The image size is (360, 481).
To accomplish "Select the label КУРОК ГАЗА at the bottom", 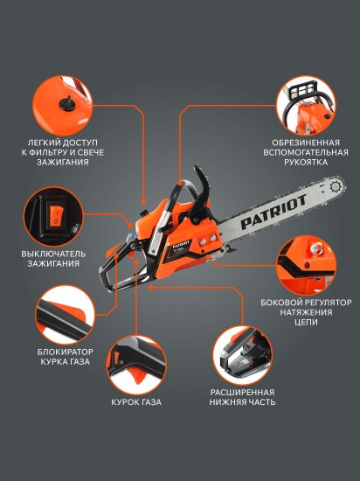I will click(x=135, y=402).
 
